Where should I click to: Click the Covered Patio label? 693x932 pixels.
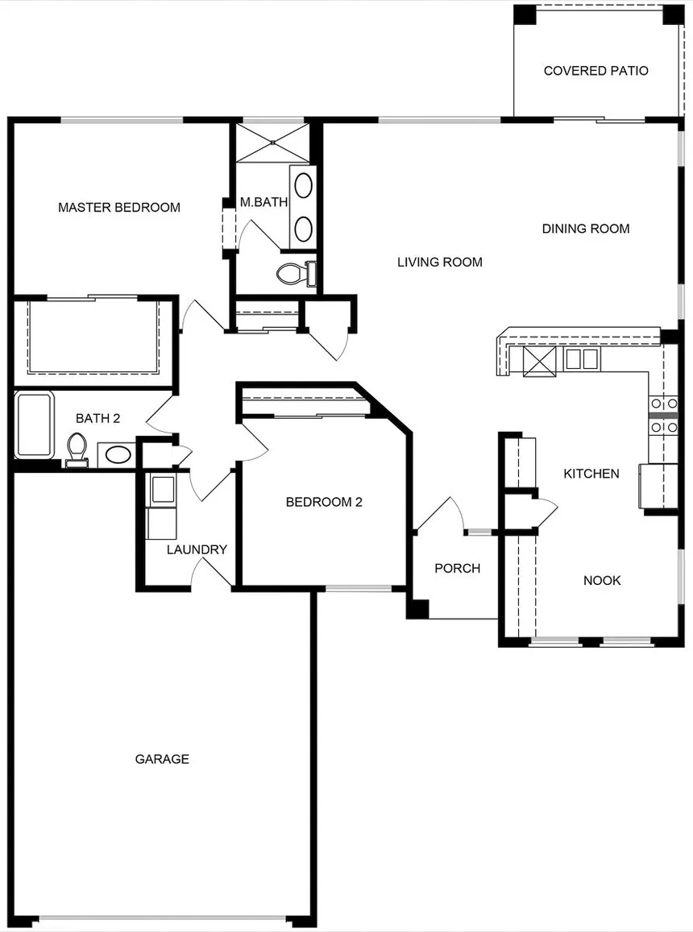tap(595, 71)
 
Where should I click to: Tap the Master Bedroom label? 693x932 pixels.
tap(119, 208)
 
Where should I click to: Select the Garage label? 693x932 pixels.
tap(162, 759)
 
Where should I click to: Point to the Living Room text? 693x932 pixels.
tap(440, 262)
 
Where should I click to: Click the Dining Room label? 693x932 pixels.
tap(585, 229)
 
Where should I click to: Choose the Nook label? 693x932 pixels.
tap(602, 581)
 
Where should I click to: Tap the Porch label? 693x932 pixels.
tap(458, 568)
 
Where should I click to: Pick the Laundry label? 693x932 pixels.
tap(197, 550)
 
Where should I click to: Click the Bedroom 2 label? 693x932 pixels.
tap(324, 503)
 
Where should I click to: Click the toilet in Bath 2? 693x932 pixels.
tap(77, 450)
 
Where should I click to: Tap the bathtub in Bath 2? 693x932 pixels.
tap(35, 425)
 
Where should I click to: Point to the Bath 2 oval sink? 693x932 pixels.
tap(118, 455)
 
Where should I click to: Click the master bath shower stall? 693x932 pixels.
tap(272, 142)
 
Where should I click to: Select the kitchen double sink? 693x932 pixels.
tap(581, 359)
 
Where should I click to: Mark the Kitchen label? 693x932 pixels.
tap(591, 474)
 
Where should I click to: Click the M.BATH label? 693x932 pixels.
tap(264, 202)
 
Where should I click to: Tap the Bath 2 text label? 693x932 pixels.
tap(98, 418)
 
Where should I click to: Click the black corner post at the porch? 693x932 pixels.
tap(417, 609)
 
